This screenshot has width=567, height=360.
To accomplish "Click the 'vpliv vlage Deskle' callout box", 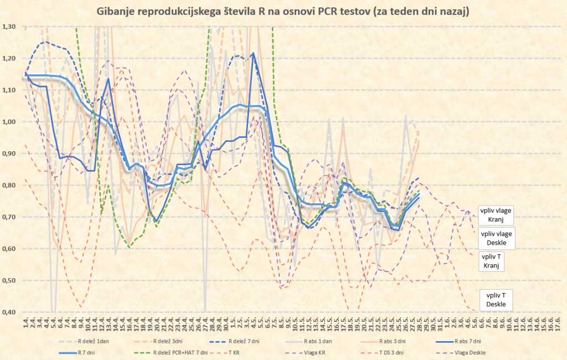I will pyautogui.click(x=497, y=239).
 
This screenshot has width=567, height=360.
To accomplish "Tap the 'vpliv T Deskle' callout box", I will pyautogui.click(x=496, y=300).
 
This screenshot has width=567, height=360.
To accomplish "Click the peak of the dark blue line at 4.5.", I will pyautogui.click(x=253, y=54).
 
